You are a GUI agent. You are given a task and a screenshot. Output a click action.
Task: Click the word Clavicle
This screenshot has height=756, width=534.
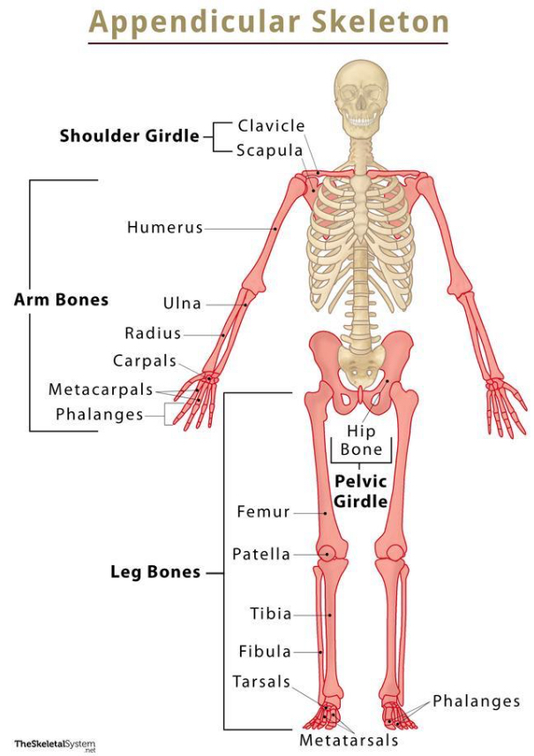point(271,126)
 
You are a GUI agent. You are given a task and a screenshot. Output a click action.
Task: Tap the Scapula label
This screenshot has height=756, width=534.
point(270,150)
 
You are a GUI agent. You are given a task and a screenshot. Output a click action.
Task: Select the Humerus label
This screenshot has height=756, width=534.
point(165,228)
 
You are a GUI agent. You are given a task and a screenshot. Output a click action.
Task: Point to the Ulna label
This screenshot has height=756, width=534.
point(182,304)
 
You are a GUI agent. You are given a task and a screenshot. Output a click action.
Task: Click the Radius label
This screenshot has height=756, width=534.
point(153,334)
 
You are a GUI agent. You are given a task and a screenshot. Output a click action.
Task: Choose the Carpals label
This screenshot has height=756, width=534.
point(145,361)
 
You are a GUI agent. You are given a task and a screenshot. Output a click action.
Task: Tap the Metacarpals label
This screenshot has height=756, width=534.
point(101,389)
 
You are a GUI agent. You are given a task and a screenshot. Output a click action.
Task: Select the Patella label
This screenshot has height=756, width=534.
point(261,555)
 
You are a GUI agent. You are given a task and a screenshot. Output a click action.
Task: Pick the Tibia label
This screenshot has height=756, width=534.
point(270,614)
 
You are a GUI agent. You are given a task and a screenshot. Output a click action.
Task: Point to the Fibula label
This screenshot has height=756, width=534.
point(265,652)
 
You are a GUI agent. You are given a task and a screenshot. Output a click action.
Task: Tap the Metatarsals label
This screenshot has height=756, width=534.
point(349,740)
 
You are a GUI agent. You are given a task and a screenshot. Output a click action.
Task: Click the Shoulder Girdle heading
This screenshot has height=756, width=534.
point(130,137)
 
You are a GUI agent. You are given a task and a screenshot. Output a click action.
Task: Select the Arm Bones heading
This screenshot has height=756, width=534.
point(61,300)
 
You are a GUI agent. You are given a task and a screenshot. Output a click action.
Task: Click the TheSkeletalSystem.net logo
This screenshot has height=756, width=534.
point(55,745)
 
